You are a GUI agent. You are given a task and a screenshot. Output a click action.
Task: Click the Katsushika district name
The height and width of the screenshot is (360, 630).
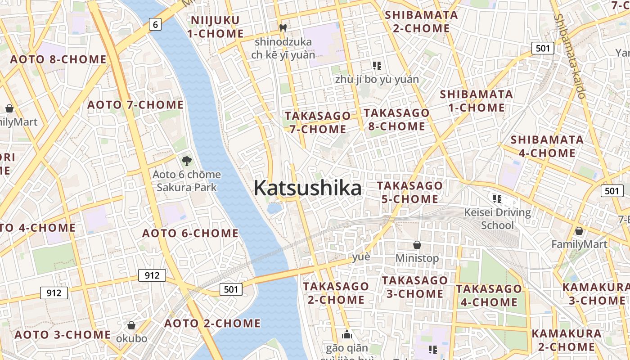tap(307, 188)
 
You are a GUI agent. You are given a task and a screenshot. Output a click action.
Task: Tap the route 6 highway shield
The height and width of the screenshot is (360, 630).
tap(155, 24)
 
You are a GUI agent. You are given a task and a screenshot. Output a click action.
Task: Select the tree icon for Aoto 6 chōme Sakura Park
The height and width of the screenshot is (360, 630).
tap(186, 161)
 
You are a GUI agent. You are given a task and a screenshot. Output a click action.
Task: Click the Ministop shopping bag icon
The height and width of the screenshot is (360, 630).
tap(417, 245)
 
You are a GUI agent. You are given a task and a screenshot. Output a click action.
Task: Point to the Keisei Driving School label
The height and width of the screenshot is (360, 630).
tap(497, 218)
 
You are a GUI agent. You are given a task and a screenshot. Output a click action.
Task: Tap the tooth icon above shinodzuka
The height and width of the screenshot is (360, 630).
tap(283, 28)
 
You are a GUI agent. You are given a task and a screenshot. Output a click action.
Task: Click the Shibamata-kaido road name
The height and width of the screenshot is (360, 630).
tap(570, 56)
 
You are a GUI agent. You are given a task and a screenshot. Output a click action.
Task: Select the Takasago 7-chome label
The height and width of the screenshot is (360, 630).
tap(318, 122)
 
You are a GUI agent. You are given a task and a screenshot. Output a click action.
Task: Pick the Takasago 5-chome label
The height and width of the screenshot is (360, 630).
tap(409, 192)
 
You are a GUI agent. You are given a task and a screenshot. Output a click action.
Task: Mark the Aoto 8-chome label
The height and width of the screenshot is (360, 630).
tap(58, 59)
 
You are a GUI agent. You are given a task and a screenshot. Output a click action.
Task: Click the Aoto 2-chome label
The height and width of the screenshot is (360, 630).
tap(212, 323)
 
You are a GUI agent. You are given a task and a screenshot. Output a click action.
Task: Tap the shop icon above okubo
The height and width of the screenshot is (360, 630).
tap(131, 325)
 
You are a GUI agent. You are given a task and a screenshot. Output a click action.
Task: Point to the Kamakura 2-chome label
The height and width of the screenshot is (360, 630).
tap(567, 340)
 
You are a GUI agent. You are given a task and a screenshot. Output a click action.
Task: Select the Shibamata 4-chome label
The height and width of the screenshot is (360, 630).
tap(547, 146)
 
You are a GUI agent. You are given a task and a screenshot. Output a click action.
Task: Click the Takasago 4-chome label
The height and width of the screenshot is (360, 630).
tap(489, 295)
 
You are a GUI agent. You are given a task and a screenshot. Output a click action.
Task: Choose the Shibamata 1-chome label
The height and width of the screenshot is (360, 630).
tap(477, 101)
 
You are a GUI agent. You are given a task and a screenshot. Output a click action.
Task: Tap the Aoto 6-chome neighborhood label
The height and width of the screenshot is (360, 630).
tap(190, 233)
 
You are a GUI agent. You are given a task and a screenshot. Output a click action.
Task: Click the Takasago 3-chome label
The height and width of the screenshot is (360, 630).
tap(415, 287)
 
